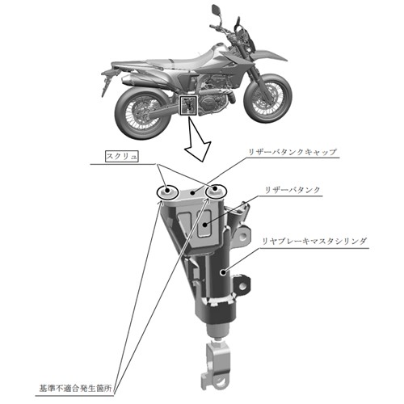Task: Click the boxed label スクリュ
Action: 122,157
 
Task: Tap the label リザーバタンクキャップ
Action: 292,152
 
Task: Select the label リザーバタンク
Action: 292,190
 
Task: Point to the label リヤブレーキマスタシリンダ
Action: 314,241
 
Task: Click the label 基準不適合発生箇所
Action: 75,389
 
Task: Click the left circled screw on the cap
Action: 167,192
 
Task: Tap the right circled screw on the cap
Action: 217,191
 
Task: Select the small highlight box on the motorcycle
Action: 189,105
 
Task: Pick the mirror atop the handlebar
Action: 216,9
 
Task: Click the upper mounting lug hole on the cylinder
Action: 243,237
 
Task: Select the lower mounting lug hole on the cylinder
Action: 242,285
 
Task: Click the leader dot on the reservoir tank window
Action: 205,224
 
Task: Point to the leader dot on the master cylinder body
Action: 222,272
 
